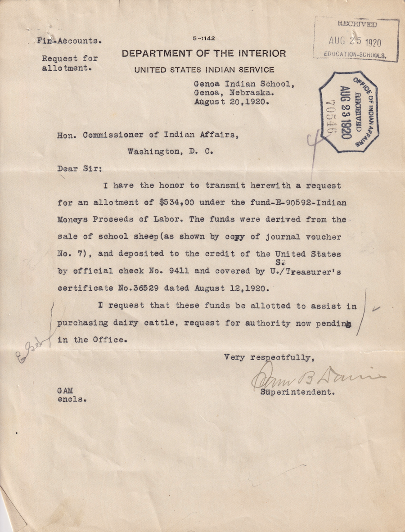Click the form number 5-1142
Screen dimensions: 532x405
(203, 39)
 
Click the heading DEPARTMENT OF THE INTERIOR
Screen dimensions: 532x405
(203, 54)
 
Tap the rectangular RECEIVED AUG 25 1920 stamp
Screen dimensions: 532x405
(356, 40)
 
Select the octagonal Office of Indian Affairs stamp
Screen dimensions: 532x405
(348, 112)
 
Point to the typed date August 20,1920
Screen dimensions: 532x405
(232, 102)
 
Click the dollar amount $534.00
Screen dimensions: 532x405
(179, 203)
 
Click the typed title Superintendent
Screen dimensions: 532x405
(297, 392)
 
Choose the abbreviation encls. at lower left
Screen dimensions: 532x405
(72, 399)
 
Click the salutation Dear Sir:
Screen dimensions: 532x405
(80, 169)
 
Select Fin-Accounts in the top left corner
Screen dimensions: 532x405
(69, 41)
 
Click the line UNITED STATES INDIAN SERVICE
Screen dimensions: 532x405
(204, 70)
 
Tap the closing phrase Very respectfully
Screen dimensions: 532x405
(268, 357)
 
